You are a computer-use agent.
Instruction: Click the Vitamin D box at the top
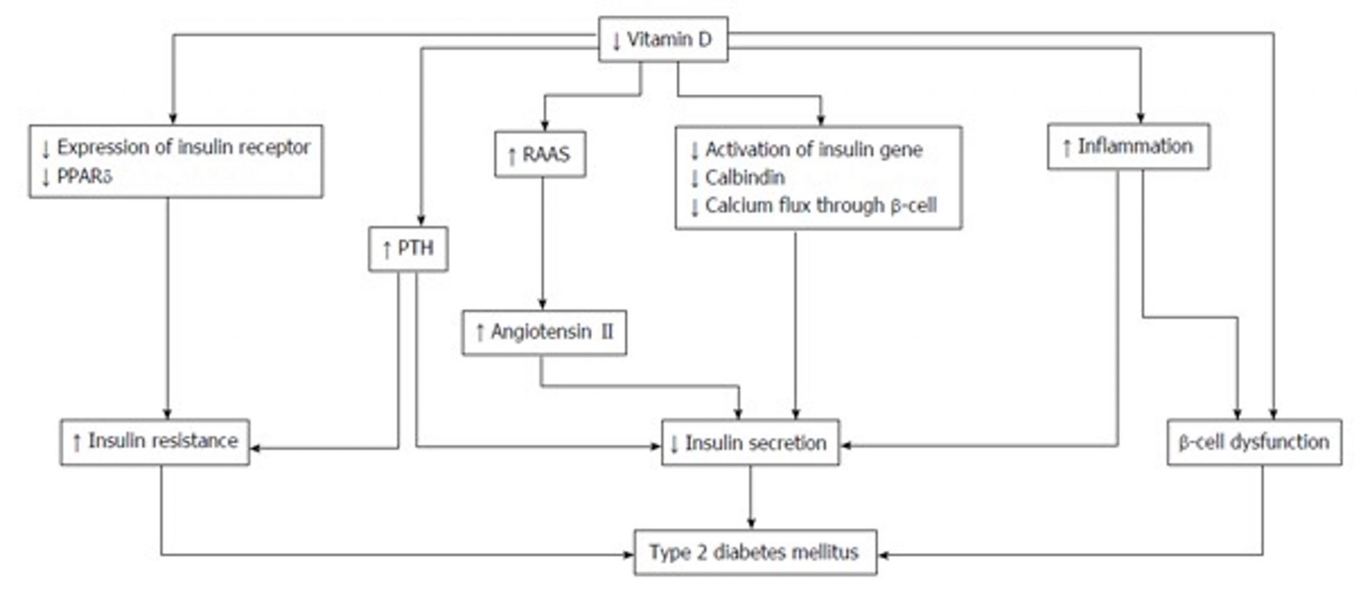pos(663,40)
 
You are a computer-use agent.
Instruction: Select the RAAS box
pos(540,155)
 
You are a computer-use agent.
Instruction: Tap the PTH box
pos(408,249)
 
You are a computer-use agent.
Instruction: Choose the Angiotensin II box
pos(544,332)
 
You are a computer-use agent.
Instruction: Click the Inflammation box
pos(1129,147)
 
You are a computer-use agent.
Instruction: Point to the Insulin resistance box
pos(155,442)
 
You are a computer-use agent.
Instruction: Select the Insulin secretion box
pos(751,442)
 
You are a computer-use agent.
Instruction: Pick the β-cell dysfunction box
pos(1255,442)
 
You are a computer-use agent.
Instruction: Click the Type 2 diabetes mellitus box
pos(756,553)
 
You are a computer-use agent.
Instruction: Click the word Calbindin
pos(745,178)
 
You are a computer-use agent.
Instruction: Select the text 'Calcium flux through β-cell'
pos(821,206)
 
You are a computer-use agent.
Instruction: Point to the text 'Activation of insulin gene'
pos(814,150)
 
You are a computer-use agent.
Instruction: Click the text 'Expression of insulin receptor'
pos(184,147)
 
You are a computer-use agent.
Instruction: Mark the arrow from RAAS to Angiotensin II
pos(543,243)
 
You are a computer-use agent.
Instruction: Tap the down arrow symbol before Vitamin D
pos(617,41)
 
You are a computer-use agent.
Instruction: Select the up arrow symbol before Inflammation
pos(1067,147)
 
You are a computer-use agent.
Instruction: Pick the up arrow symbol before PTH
pos(387,249)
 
